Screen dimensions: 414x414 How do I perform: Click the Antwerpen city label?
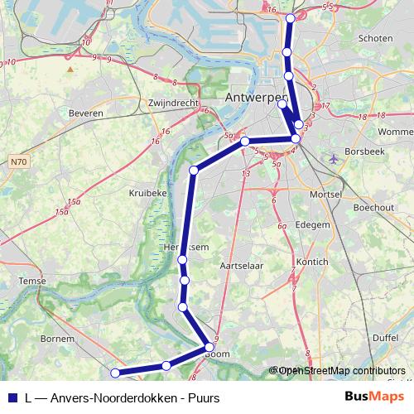pyautogui.click(x=256, y=99)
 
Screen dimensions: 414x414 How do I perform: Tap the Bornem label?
pyautogui.click(x=57, y=339)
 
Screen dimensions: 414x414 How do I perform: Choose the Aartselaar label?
pyautogui.click(x=241, y=266)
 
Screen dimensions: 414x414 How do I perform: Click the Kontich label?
pyautogui.click(x=312, y=262)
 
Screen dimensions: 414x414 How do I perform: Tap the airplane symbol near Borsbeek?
pyautogui.click(x=333, y=157)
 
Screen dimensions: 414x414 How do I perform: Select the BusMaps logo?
pyautogui.click(x=374, y=397)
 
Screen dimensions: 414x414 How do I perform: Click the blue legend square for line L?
pyautogui.click(x=12, y=397)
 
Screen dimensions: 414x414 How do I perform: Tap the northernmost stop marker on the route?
pyautogui.click(x=290, y=18)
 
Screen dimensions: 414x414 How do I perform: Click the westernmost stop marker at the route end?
pyautogui.click(x=115, y=374)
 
